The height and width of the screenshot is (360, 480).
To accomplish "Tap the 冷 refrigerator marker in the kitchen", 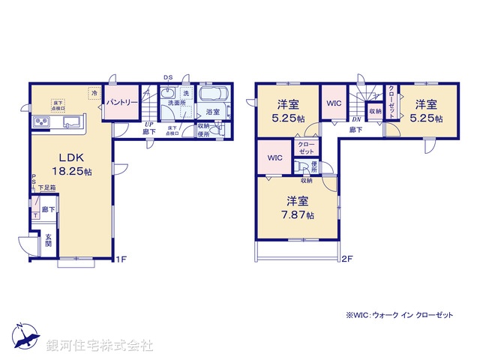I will tap(94, 92).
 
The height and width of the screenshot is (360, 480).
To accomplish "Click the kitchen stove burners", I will tap(40, 123).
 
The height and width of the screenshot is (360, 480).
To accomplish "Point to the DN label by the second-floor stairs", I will tap(357, 119).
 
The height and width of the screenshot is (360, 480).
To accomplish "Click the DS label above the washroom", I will tap(168, 77).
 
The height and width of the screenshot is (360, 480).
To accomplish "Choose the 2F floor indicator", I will tap(346, 261).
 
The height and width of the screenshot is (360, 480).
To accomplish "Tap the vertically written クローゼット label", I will tap(391, 100).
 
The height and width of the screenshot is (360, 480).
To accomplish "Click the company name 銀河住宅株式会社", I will tap(99, 346).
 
